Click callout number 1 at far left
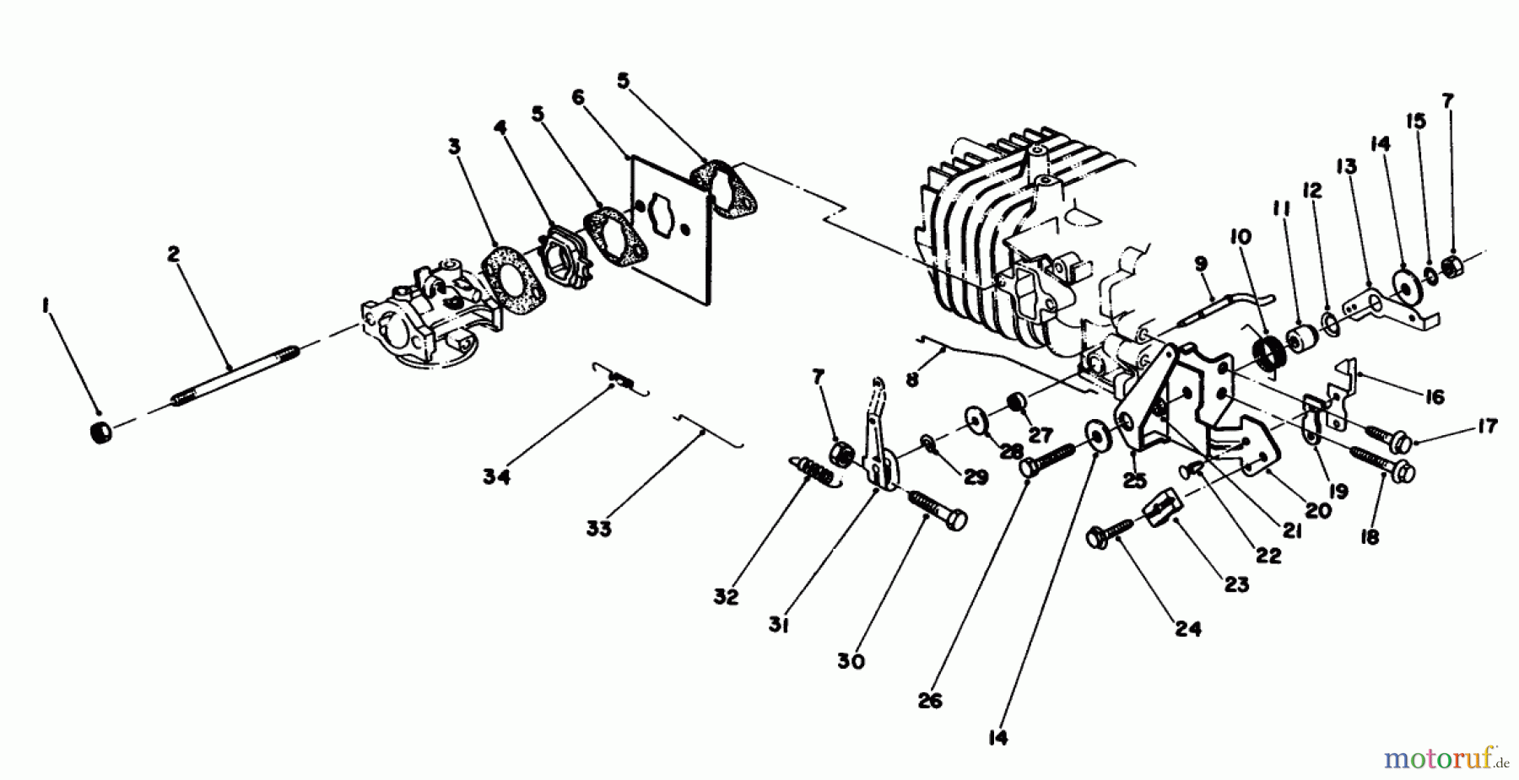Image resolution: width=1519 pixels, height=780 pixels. click(46, 309)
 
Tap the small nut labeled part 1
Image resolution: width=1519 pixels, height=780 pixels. click(101, 433)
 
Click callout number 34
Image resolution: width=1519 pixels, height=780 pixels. click(496, 478)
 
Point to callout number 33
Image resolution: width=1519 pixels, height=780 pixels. click(599, 529)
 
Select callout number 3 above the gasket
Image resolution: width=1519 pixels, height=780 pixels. click(455, 146)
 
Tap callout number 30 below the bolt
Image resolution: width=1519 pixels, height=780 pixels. click(851, 662)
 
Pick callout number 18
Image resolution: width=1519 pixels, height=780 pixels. click(1370, 535)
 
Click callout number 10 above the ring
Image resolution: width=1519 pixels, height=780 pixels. click(1241, 237)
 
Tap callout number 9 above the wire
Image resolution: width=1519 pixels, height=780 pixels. click(1202, 264)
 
